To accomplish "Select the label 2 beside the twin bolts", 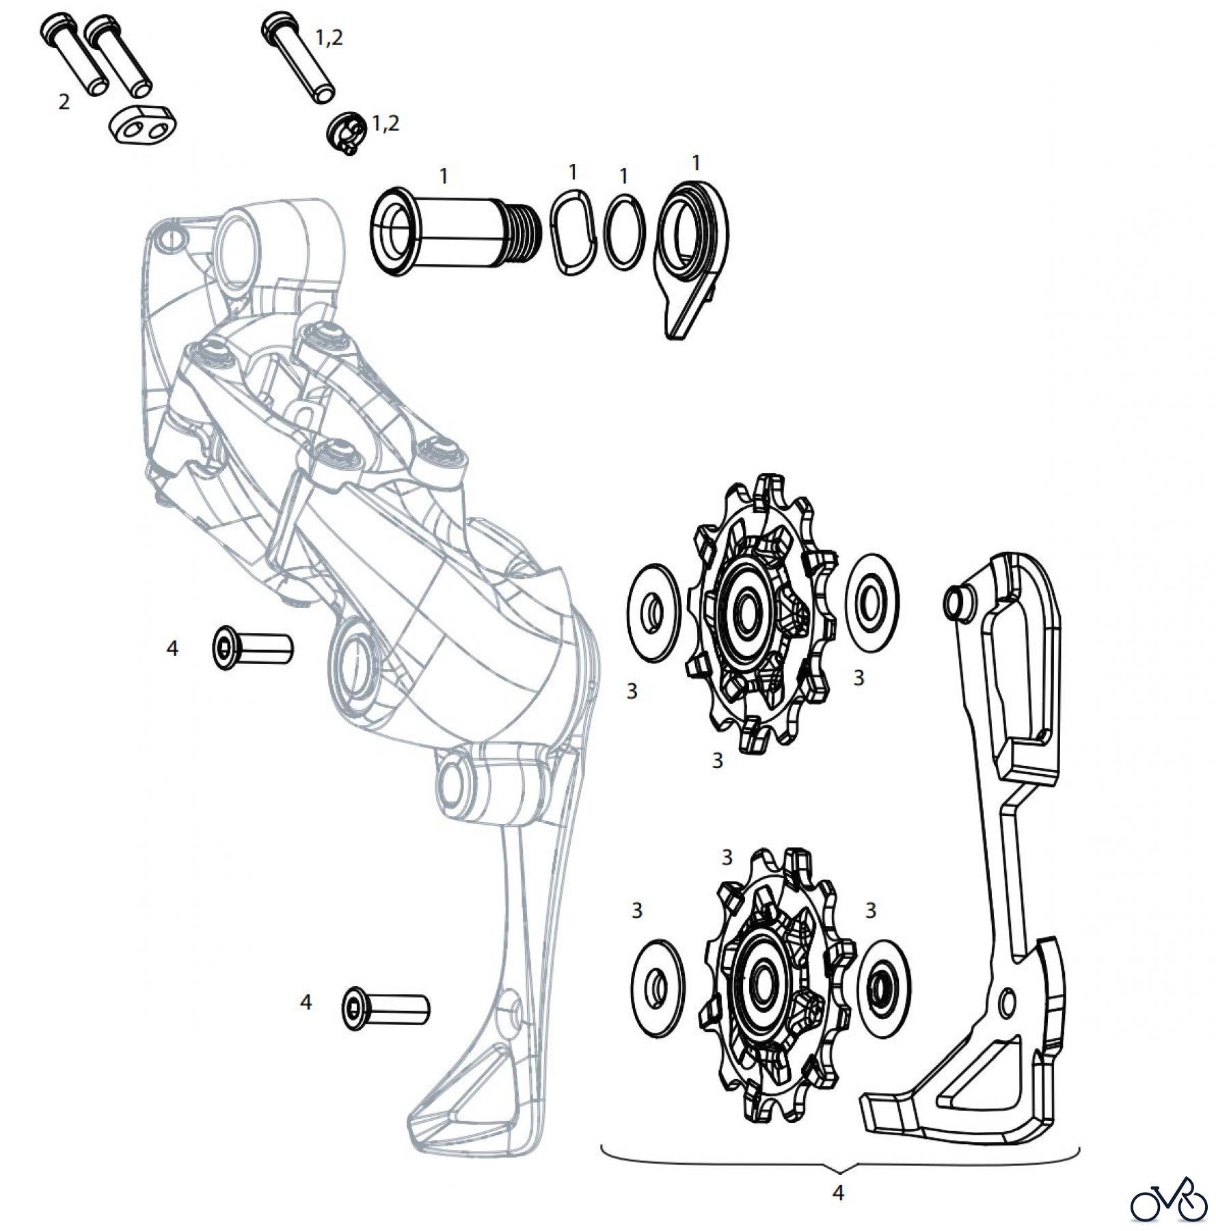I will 64,102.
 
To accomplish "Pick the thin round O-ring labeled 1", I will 625,233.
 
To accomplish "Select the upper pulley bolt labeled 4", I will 252,647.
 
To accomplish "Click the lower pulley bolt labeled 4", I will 385,1009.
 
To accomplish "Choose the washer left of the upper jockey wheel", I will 654,612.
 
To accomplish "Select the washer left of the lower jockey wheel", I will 659,988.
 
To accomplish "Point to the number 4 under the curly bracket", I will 838,1192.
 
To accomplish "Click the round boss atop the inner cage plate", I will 954,600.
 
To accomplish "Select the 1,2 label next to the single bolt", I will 329,39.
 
